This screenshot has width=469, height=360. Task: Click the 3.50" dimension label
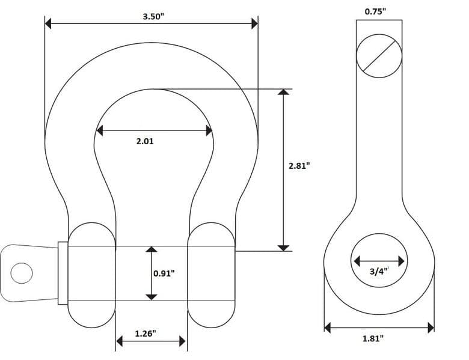coord(153,16)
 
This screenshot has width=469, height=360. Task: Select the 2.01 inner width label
coord(145,141)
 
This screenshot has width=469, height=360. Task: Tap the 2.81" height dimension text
coord(299,165)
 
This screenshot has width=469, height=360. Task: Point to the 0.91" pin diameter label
coord(164,273)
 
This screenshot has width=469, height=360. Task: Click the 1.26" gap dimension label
coord(146,334)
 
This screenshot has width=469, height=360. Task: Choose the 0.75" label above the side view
coord(375,11)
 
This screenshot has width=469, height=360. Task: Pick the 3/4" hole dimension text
coord(379,272)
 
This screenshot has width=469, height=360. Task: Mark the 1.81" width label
coord(373,338)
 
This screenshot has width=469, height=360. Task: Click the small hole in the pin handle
coord(22,273)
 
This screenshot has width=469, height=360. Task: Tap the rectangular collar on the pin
coord(63,273)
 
